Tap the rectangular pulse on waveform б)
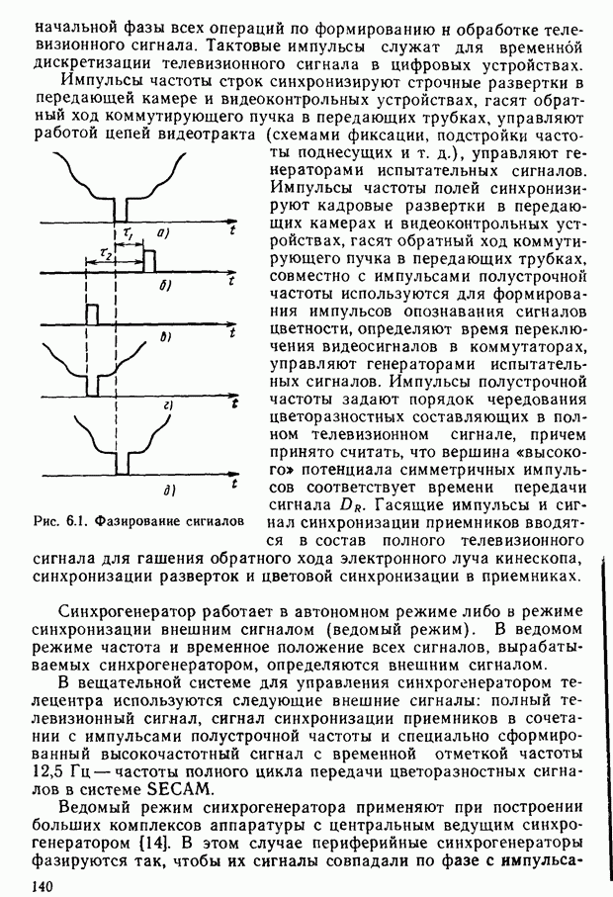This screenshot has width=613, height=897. point(149,263)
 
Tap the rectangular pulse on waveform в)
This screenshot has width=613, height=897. point(90,315)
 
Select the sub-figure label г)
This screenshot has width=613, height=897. point(167,405)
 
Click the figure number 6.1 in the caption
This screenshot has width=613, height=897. point(77,520)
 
